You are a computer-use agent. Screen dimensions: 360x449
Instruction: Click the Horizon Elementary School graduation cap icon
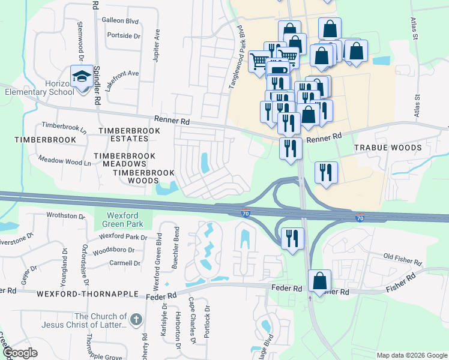pos(80,77)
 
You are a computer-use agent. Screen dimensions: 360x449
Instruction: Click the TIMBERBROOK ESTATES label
pos(123,134)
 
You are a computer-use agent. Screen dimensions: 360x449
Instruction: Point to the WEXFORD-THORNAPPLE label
pos(79,295)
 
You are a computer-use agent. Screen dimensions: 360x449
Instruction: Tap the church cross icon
pos(136,320)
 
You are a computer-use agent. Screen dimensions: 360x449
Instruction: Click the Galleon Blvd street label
pos(120,21)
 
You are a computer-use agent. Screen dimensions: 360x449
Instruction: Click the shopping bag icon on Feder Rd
pos(320,280)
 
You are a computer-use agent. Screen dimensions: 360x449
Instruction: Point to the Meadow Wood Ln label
pos(64,161)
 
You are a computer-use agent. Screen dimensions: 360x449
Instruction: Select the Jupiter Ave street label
pos(158,44)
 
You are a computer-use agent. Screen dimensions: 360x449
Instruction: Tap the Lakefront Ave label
pos(122,80)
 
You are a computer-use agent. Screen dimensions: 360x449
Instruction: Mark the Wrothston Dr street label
pos(65,215)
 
